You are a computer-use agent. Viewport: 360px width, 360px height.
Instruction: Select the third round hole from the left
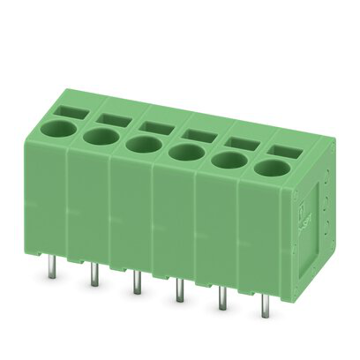coord(141,144)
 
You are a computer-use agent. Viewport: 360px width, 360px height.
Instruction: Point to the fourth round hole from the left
coord(184,152)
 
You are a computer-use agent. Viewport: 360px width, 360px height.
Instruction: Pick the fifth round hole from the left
coord(229,159)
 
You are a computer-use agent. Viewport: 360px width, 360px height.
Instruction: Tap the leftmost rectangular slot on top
coord(74,111)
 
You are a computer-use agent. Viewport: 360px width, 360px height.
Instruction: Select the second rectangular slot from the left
coord(114,118)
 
